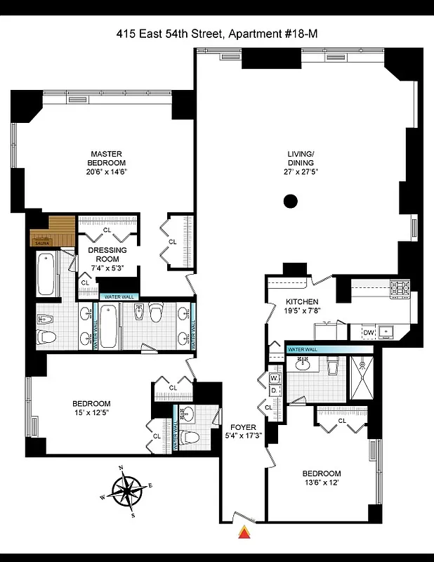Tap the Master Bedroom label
pos(107,158)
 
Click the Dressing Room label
pos(107,254)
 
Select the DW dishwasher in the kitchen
pos(368,332)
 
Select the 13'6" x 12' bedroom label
pos(322,478)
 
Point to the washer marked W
pos(274,378)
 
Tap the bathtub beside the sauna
pos(46,274)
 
